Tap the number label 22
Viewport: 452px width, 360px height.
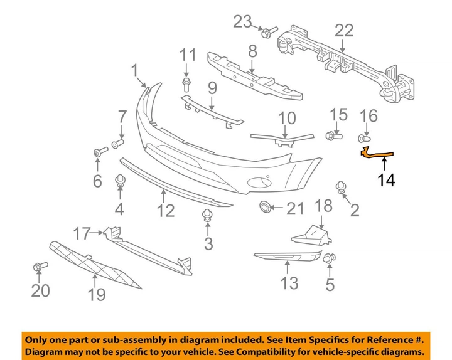[344, 30]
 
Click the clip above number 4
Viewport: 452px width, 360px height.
[119, 182]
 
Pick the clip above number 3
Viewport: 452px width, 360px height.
[206, 216]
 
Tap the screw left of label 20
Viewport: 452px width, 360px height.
[37, 268]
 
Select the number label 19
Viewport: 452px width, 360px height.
[96, 294]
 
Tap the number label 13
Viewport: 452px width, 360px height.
[289, 283]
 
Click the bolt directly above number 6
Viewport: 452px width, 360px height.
[99, 152]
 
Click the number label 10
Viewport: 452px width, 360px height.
[286, 117]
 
